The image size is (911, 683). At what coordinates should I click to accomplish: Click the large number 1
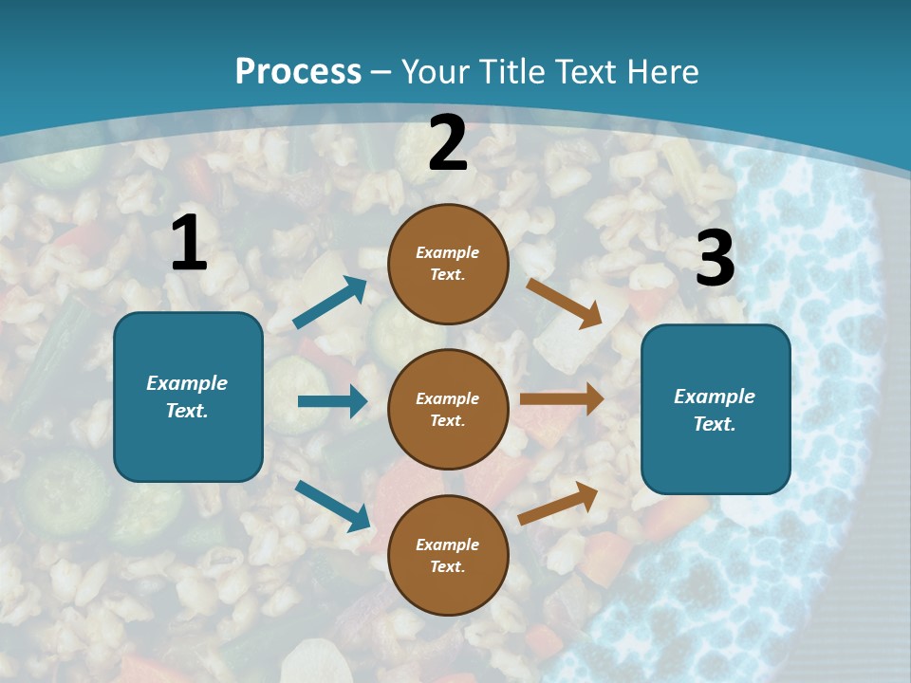pyautogui.click(x=189, y=243)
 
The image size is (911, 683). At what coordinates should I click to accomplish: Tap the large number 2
pyautogui.click(x=448, y=144)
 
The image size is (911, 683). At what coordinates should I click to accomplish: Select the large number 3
pyautogui.click(x=716, y=259)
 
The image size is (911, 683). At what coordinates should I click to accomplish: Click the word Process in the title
pyautogui.click(x=298, y=71)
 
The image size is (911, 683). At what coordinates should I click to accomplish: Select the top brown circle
pyautogui.click(x=448, y=264)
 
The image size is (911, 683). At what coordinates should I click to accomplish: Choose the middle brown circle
pyautogui.click(x=448, y=409)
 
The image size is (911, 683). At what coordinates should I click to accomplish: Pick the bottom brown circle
pyautogui.click(x=448, y=555)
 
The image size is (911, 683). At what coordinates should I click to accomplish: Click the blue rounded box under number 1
pyautogui.click(x=188, y=397)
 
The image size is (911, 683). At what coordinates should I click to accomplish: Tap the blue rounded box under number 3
pyautogui.click(x=716, y=410)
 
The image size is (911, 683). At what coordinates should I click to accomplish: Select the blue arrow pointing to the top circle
pyautogui.click(x=330, y=303)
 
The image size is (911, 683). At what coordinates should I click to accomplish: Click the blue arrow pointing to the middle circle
pyautogui.click(x=332, y=401)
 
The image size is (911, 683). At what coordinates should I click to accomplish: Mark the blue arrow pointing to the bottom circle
pyautogui.click(x=332, y=505)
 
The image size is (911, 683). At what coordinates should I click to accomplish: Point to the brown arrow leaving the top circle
pyautogui.click(x=565, y=303)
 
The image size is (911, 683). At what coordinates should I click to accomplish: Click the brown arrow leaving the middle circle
pyautogui.click(x=561, y=399)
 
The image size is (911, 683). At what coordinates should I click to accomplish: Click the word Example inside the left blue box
pyautogui.click(x=187, y=383)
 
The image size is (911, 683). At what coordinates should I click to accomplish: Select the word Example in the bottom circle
pyautogui.click(x=447, y=545)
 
